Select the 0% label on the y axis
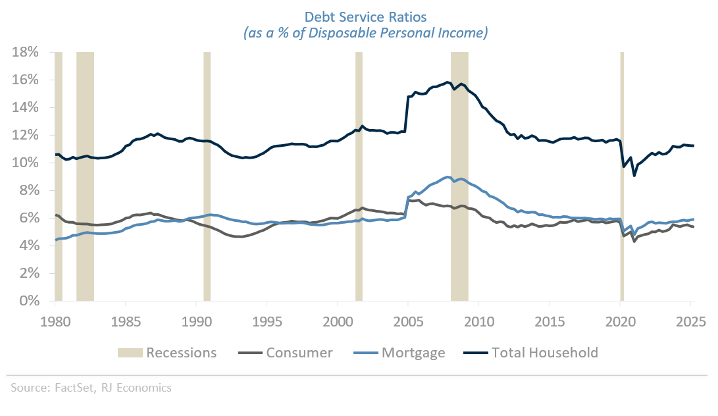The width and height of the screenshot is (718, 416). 30,301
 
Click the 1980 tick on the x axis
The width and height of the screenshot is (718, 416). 55,323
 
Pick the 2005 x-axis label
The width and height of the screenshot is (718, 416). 408,323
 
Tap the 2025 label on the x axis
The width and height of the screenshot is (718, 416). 691,323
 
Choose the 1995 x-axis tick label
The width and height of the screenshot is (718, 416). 267,323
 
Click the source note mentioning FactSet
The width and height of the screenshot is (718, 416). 91,388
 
